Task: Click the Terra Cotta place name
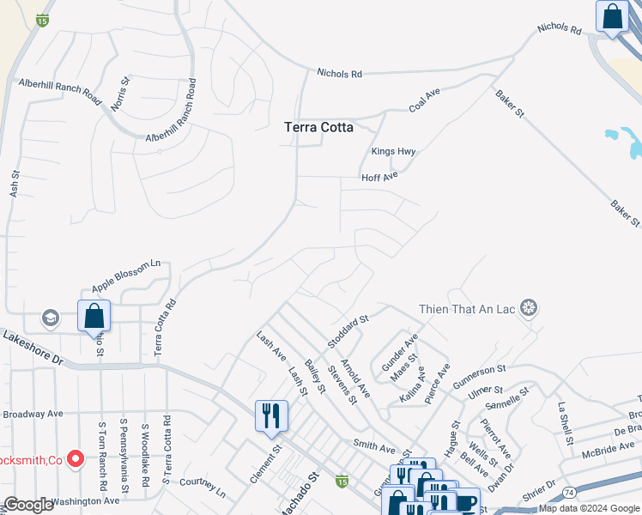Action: click(x=318, y=127)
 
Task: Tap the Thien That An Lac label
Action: click(x=468, y=308)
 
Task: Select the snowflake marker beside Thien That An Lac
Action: click(x=530, y=308)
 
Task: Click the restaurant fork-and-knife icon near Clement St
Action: click(x=271, y=416)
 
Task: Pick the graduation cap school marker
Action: click(x=51, y=318)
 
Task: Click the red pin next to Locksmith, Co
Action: click(x=75, y=459)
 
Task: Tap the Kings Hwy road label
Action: click(x=393, y=152)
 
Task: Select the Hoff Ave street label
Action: click(x=379, y=177)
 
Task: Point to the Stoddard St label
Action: click(x=348, y=330)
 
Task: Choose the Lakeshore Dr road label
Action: click(x=33, y=348)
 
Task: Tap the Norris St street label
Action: click(x=120, y=94)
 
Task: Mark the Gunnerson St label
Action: click(x=499, y=375)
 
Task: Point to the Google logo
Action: click(x=28, y=505)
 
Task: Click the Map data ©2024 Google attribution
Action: click(x=589, y=508)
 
